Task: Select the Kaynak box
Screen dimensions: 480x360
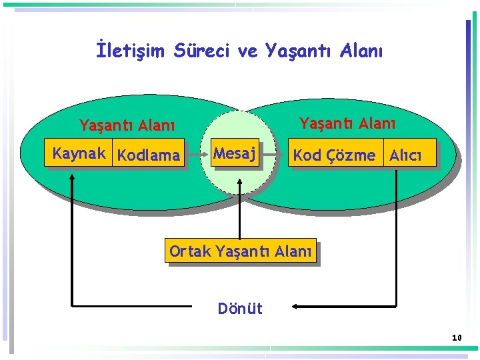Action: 79,154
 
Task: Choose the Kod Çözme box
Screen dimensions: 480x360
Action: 335,155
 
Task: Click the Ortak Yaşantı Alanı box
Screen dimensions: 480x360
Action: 240,251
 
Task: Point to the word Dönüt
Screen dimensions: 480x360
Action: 240,309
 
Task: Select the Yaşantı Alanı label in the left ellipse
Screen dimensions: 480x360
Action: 127,125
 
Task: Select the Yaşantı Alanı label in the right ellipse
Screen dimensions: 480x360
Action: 347,123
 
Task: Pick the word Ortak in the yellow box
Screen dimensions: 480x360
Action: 189,251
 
